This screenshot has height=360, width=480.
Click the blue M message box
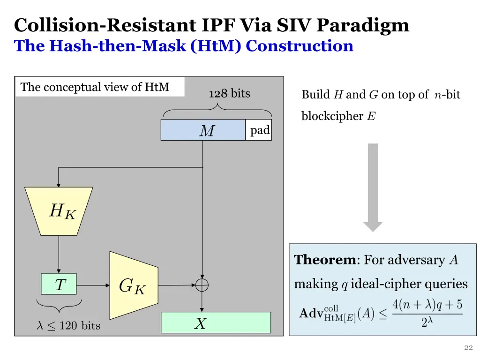coord(203,130)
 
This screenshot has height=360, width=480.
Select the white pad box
coord(258,130)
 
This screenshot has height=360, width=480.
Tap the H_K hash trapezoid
coord(59,211)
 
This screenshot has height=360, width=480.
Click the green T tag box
coord(59,284)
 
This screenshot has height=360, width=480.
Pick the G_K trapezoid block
coord(134,285)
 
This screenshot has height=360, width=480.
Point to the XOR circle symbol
coord(202,285)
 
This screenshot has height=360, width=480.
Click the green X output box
coord(216,322)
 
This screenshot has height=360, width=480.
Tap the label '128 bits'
coord(230,93)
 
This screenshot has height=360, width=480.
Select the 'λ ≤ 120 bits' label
coord(68,325)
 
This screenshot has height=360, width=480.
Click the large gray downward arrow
coord(373,187)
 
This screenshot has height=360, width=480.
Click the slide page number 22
coord(468,347)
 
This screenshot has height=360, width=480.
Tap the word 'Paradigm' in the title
coord(363,26)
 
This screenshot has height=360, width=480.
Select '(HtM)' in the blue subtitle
coord(216,46)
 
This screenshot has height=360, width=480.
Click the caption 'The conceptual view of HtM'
coord(95,87)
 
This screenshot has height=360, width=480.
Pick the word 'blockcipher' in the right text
coord(332,116)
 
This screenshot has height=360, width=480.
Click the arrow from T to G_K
coord(93,285)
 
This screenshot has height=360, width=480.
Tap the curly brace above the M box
coord(217,110)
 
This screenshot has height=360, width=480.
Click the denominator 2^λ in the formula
coord(427,322)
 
